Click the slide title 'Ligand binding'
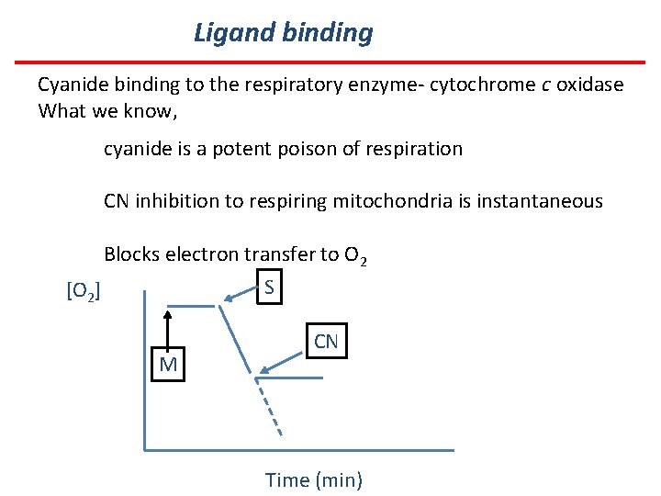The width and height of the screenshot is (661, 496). pyautogui.click(x=284, y=34)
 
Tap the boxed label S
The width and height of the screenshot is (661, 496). pyautogui.click(x=268, y=287)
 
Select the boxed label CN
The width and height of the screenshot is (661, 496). pyautogui.click(x=326, y=343)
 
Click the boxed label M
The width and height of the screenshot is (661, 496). pyautogui.click(x=168, y=366)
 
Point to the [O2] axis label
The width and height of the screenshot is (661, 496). pyautogui.click(x=84, y=292)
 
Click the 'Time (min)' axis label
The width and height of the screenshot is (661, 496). pyautogui.click(x=314, y=479)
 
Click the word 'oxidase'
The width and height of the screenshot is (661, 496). pyautogui.click(x=588, y=85)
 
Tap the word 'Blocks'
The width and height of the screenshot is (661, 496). pyautogui.click(x=132, y=254)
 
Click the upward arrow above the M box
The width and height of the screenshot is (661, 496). pyautogui.click(x=168, y=329)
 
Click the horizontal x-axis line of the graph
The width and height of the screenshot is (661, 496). pyautogui.click(x=299, y=449)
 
